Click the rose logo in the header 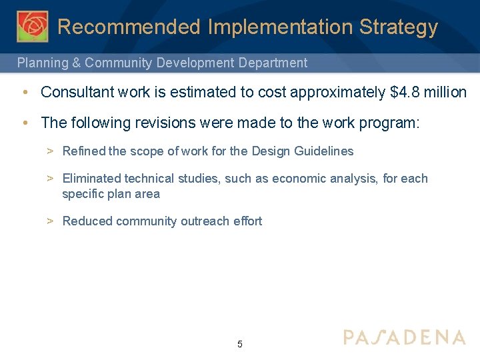tap(32, 27)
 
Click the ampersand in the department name tap(77, 63)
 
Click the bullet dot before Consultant tap(24, 92)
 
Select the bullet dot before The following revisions tap(24, 123)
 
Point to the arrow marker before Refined tap(50, 151)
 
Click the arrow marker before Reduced tap(50, 221)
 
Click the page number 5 tap(240, 345)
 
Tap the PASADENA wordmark tap(404, 337)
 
